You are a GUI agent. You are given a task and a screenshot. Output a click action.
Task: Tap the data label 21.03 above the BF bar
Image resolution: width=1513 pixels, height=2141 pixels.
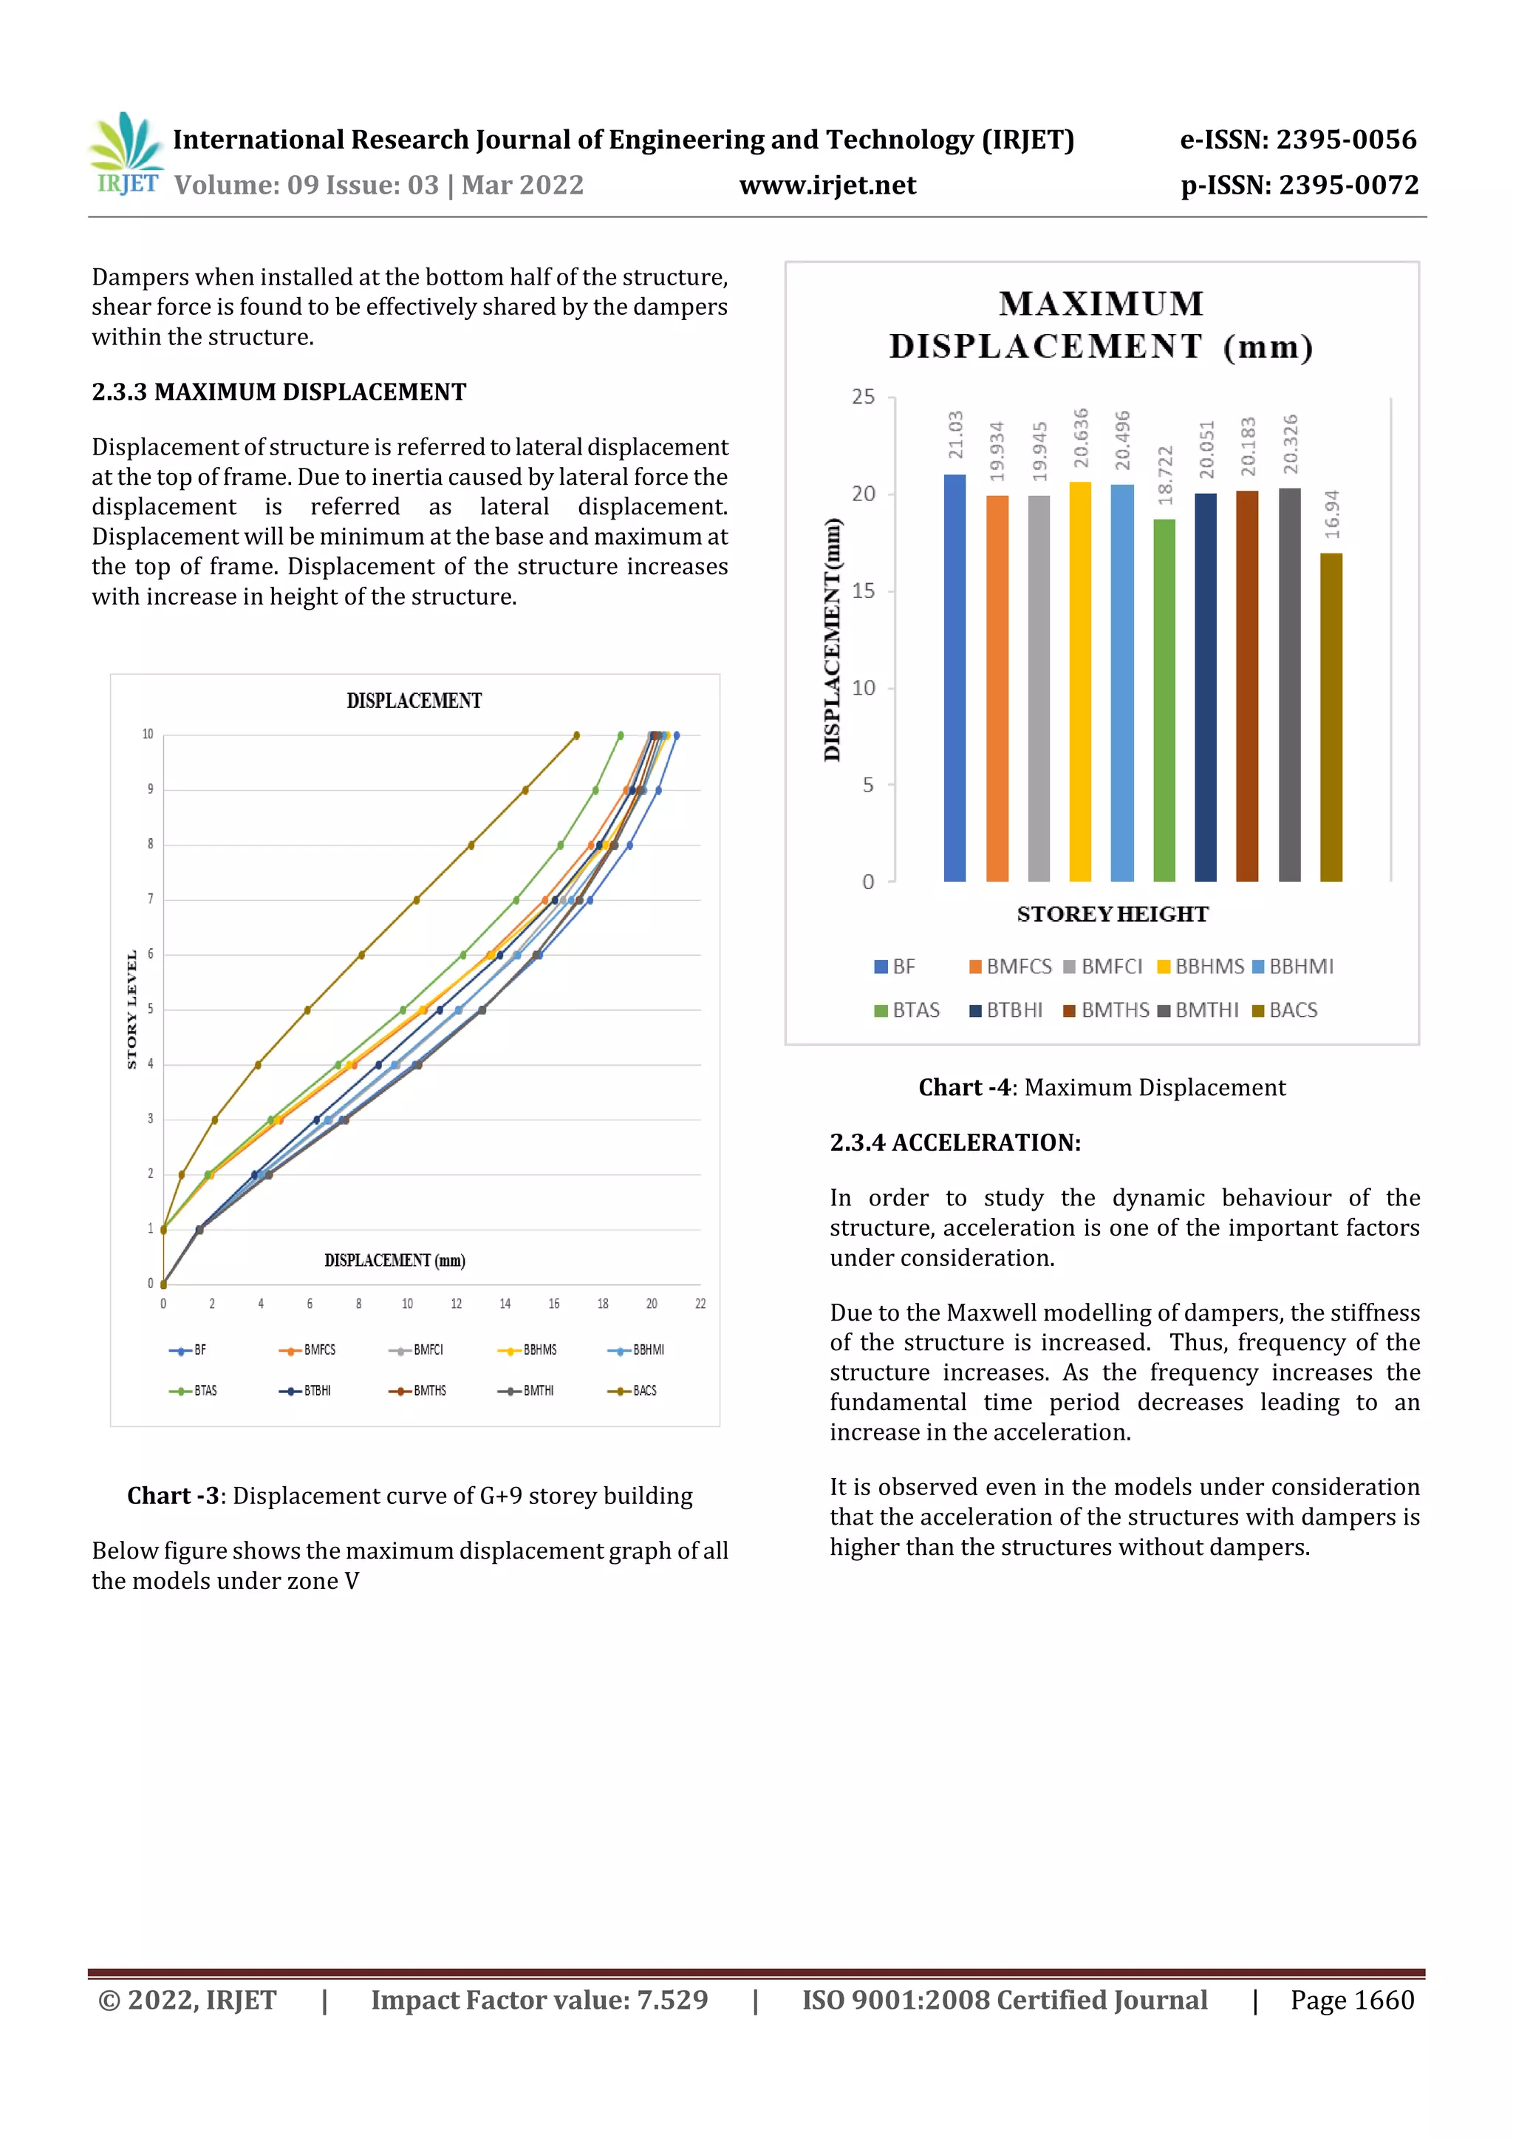(955, 435)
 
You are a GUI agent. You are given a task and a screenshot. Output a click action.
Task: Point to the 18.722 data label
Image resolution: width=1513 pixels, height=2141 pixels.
(1164, 474)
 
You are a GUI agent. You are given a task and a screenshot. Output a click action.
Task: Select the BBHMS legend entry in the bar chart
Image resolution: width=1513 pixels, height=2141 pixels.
(1200, 967)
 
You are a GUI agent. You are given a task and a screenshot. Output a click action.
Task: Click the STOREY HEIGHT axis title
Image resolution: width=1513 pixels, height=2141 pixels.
(1112, 915)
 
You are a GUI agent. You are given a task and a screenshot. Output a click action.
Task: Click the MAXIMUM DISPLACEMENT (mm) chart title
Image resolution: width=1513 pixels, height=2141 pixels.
(1101, 325)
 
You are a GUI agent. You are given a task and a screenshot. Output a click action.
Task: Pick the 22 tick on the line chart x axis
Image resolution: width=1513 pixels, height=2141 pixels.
(700, 1304)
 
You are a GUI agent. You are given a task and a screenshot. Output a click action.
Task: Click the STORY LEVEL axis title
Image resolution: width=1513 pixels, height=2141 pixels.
(132, 1009)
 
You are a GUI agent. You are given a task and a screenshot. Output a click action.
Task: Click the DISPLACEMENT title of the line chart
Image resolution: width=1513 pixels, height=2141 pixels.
(414, 701)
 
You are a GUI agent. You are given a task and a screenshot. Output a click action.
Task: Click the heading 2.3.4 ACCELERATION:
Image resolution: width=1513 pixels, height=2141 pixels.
(954, 1143)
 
